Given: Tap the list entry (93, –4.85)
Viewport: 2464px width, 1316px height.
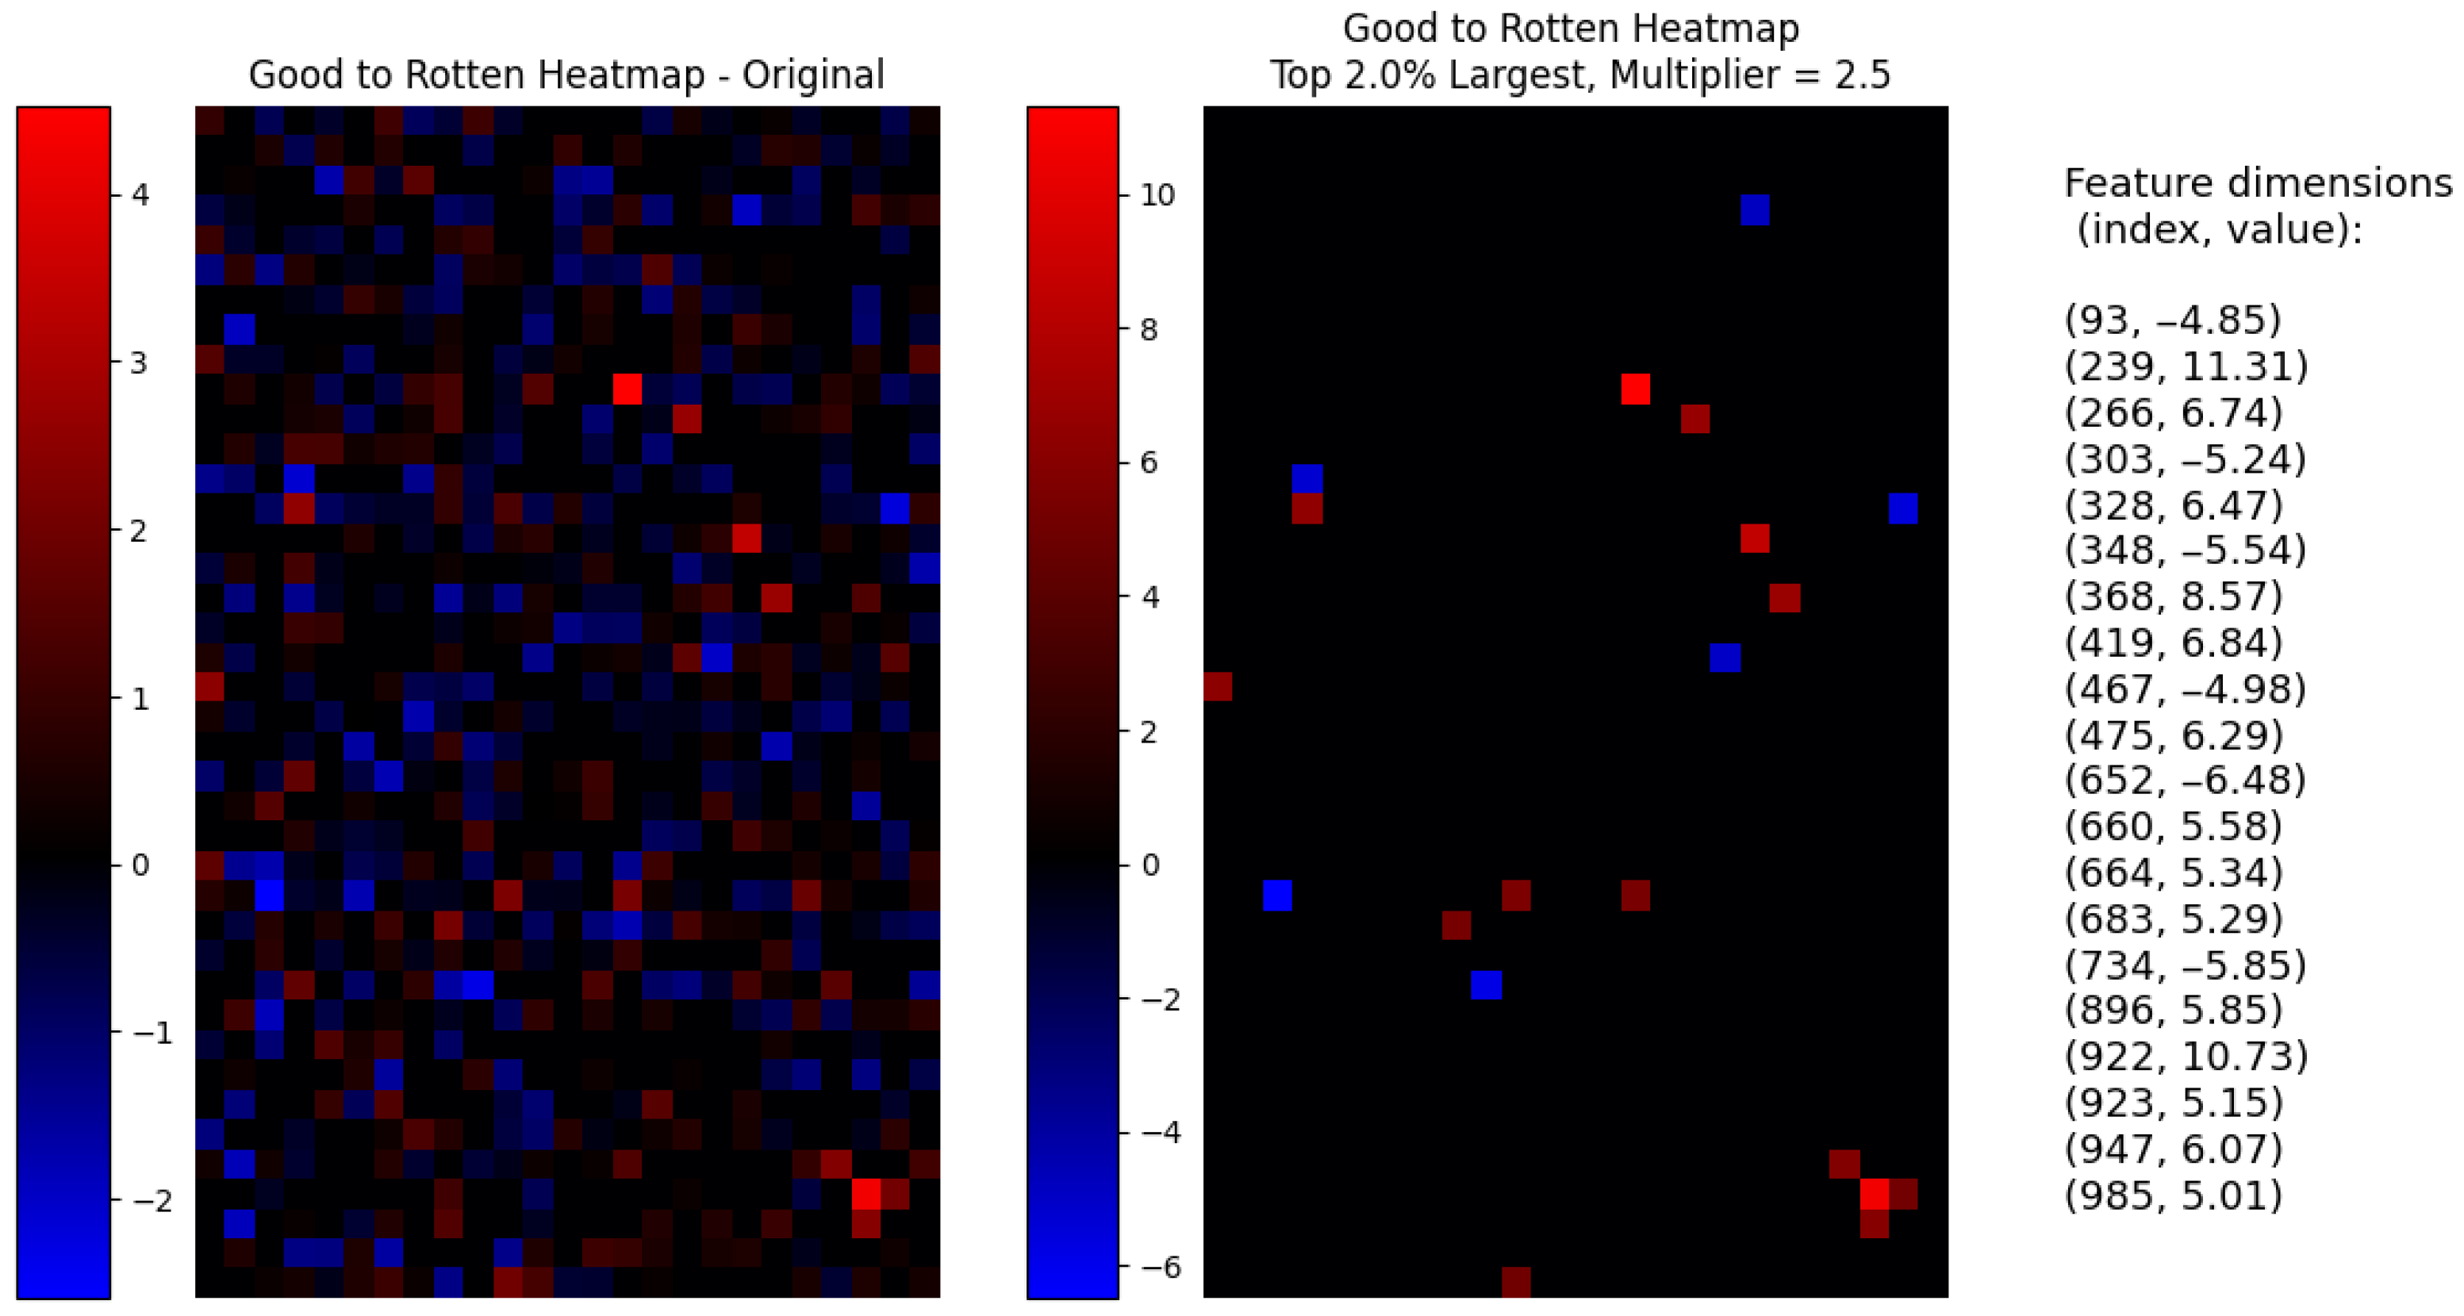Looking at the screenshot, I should (x=2172, y=320).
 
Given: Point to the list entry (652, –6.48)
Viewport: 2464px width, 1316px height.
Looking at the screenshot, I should (x=2185, y=781).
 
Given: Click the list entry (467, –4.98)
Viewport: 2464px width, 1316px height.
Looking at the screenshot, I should (x=2185, y=689).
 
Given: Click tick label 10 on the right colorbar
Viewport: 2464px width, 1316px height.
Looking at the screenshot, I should (x=1157, y=195).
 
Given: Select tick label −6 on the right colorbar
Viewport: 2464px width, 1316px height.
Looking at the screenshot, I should (x=1157, y=1268).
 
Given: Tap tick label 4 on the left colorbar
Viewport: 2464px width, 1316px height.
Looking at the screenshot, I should (x=140, y=195).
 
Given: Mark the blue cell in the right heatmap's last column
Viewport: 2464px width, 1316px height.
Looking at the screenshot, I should (x=1903, y=508).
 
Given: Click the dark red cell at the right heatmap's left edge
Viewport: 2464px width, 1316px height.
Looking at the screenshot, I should (x=1218, y=687).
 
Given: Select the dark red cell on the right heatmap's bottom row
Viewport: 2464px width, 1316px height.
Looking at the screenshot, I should (x=1516, y=1283).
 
